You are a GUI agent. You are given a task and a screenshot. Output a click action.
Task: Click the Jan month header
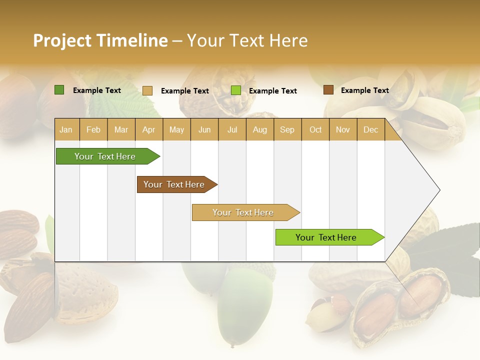pyautogui.click(x=66, y=129)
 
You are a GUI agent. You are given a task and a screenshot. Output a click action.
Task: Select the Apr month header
pyautogui.click(x=149, y=129)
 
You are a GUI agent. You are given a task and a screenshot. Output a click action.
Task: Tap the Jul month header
pyautogui.click(x=232, y=129)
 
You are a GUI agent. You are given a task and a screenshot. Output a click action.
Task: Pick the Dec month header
pyautogui.click(x=370, y=129)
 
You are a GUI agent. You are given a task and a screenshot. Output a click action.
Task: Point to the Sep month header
pyautogui.click(x=287, y=129)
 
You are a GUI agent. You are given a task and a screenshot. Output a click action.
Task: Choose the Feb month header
pyautogui.click(x=93, y=129)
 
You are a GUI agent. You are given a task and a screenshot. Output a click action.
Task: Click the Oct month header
pyautogui.click(x=315, y=129)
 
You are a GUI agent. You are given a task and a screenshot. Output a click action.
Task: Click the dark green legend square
pyautogui.click(x=59, y=90)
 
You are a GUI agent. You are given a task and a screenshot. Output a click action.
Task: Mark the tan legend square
pyautogui.click(x=147, y=90)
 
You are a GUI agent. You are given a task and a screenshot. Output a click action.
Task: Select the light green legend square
pyautogui.click(x=236, y=90)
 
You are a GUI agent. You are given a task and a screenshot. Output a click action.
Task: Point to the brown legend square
pyautogui.click(x=328, y=90)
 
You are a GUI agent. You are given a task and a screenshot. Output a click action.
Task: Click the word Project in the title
pyautogui.click(x=62, y=40)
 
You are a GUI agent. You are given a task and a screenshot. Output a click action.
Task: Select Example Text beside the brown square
pyautogui.click(x=364, y=90)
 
